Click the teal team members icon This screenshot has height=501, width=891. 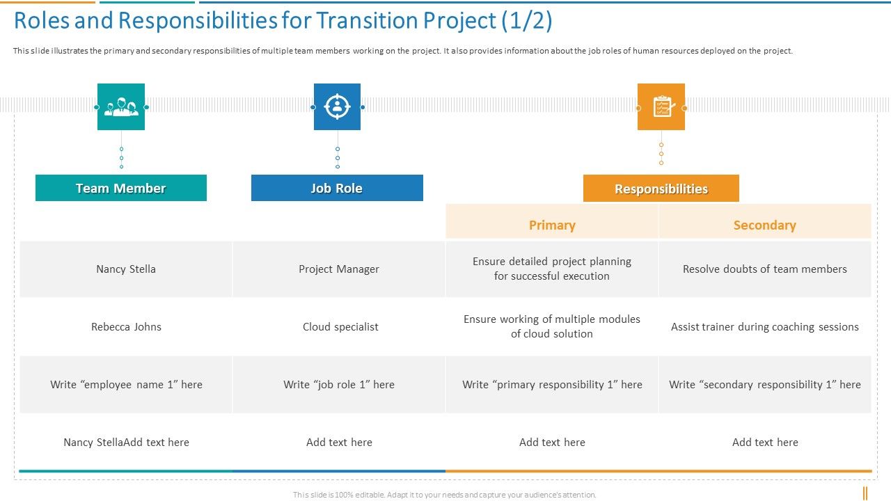point(121,107)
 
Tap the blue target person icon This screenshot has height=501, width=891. point(337,107)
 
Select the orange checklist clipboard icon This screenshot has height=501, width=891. point(661,107)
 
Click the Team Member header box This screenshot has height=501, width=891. point(121,188)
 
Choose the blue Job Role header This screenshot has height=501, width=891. point(337,188)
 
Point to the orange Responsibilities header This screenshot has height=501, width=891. point(661,189)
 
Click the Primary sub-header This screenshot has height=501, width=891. point(552,225)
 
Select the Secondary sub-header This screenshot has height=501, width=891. point(764,225)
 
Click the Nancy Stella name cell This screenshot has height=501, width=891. point(126,269)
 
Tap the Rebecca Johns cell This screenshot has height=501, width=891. point(126,327)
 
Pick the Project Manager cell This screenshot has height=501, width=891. point(339,269)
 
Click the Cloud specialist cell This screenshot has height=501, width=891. point(340,327)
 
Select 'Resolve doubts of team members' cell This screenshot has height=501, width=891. point(764,269)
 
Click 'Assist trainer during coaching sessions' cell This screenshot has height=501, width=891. point(764,327)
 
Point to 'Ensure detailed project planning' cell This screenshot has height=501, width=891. point(552,269)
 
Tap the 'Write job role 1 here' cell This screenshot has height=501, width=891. point(339,385)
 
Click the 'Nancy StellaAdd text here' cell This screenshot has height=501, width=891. point(126,443)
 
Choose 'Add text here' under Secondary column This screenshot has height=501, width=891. point(764,443)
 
